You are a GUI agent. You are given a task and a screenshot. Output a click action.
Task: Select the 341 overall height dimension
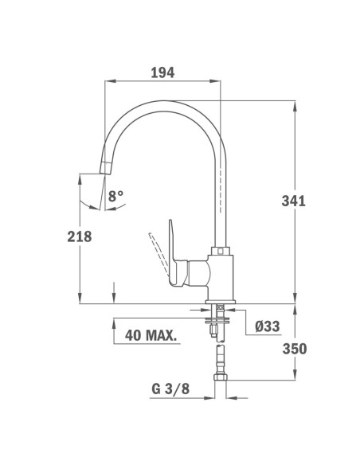pos(293,201)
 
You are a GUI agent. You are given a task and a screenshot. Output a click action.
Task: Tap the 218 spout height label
pos(80,236)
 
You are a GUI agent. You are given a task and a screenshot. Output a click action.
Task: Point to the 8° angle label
pos(116,195)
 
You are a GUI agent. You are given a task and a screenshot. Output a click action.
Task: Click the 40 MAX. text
pos(151,334)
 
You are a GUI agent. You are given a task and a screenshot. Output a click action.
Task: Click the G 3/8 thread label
pos(169,390)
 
